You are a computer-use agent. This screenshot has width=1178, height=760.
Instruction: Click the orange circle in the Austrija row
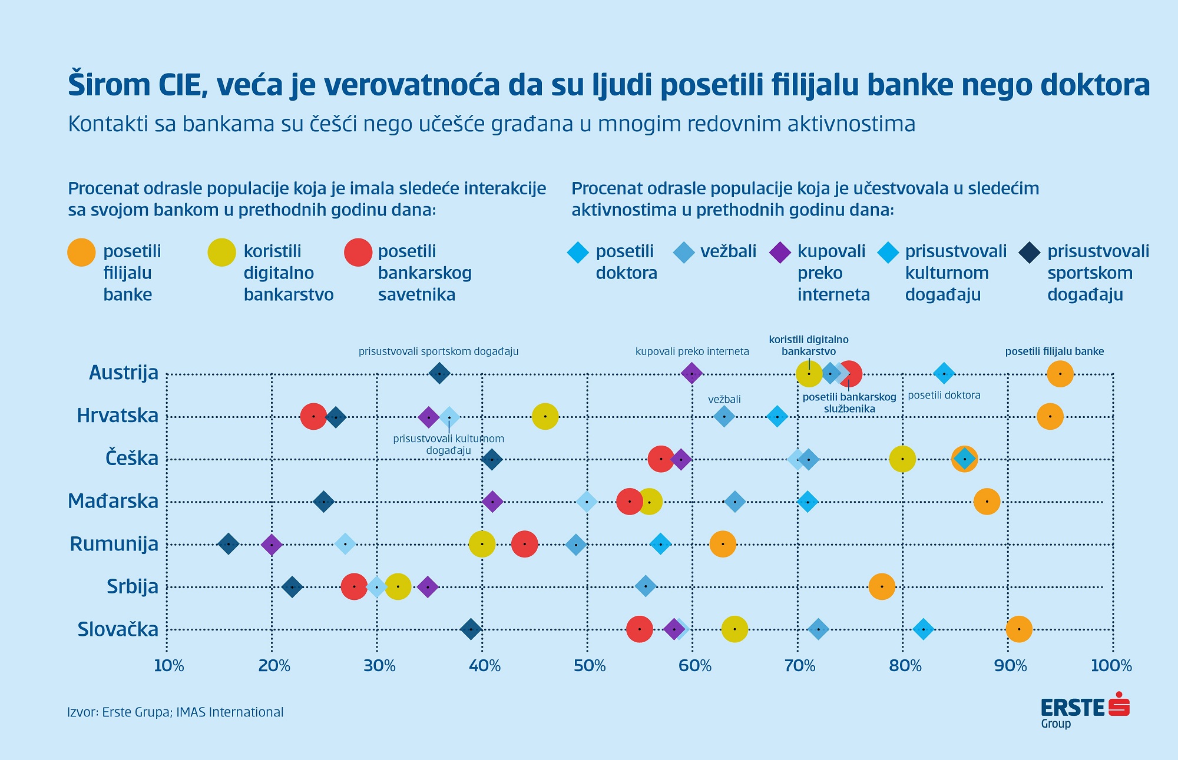(x=1060, y=374)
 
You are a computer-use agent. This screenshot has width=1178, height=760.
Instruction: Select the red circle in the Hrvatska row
(x=313, y=416)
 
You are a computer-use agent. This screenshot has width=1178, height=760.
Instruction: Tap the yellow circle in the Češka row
(x=902, y=459)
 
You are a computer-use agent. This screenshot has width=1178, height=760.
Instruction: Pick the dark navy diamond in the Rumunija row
(x=229, y=544)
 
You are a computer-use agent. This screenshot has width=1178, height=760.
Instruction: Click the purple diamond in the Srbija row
(x=428, y=587)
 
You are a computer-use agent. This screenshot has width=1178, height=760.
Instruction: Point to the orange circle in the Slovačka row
(x=1019, y=629)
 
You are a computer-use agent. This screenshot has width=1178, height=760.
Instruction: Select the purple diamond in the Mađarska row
(x=492, y=502)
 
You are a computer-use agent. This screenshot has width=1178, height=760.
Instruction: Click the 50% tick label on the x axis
(x=590, y=666)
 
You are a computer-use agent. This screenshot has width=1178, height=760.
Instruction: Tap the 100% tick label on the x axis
(x=1111, y=666)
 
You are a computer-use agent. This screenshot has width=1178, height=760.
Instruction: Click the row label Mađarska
(x=113, y=501)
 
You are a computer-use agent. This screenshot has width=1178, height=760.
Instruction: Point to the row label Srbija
(x=133, y=586)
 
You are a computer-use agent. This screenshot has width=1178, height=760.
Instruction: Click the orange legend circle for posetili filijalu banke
(x=82, y=253)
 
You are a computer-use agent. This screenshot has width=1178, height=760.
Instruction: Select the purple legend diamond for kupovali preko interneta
(x=780, y=253)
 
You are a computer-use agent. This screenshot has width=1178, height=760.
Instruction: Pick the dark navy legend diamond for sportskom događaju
(x=1029, y=253)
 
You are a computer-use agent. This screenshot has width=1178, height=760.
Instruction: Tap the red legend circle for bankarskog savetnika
(x=358, y=253)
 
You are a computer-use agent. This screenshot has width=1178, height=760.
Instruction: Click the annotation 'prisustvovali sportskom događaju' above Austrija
(x=438, y=351)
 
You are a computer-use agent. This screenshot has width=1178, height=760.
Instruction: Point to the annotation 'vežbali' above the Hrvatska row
(x=724, y=399)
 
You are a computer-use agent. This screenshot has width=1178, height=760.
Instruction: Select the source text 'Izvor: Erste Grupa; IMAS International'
(x=176, y=712)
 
